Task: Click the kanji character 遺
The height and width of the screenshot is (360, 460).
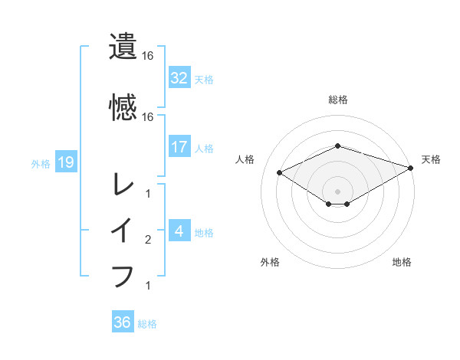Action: pos(123,47)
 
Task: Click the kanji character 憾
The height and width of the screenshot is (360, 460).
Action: pos(123,107)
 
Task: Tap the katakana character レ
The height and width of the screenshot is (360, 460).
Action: pos(123,184)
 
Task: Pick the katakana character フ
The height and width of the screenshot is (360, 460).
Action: pos(123,276)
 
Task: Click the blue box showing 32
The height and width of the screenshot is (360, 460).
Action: pos(179,78)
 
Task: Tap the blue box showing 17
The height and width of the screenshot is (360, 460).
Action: pos(179,147)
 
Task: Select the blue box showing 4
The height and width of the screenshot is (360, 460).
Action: pos(179,231)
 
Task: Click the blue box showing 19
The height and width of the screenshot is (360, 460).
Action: pos(65,162)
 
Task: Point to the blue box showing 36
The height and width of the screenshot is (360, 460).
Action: pos(123,322)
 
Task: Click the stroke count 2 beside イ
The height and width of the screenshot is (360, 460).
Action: pos(148,240)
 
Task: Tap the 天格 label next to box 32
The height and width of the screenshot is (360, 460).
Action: pos(204,79)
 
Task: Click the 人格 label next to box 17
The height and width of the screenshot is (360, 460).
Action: pos(204,148)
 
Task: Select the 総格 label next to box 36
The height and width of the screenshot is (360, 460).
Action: pos(148,323)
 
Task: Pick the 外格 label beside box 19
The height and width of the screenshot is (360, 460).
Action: pos(41,163)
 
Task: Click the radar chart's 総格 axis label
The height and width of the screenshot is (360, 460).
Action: pos(338,100)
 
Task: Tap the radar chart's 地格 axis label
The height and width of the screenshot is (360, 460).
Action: pos(402,263)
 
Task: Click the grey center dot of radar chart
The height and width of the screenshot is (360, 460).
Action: pos(338,191)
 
